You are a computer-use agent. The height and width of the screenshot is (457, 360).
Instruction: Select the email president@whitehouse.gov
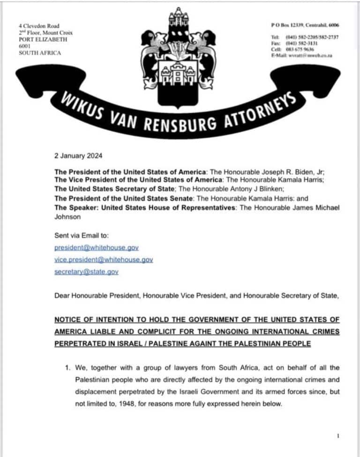click(97, 247)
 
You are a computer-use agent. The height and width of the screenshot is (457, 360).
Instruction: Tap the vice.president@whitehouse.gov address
click(104, 259)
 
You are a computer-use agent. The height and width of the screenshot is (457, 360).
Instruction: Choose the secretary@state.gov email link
click(86, 272)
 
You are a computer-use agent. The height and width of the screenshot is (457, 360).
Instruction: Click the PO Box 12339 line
click(305, 25)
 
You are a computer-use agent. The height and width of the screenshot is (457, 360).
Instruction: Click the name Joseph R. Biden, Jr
click(290, 172)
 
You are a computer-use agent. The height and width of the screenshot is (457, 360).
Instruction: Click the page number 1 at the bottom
click(337, 436)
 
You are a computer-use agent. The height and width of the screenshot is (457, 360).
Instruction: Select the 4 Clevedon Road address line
click(39, 26)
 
